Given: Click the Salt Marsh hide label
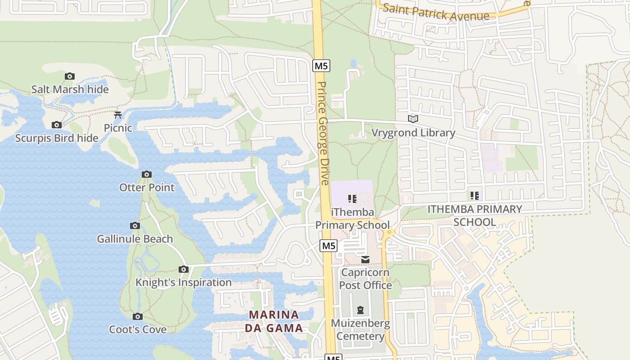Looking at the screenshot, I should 70,90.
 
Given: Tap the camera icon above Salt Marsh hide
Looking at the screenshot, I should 69,76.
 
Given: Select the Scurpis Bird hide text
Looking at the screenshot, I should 57,138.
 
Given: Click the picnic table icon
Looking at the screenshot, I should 118,115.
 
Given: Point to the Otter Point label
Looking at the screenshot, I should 147,187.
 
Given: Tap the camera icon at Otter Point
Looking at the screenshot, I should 147,174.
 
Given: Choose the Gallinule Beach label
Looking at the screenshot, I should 135,239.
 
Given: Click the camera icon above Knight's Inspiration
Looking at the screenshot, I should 184,269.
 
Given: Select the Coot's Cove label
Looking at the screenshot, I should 138,329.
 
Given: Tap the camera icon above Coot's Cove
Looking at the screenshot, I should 138,316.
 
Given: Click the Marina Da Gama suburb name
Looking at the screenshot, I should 274,321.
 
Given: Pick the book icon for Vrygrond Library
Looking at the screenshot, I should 413,119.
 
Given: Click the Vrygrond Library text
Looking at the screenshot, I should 413,133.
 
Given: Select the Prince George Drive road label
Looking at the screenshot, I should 322,133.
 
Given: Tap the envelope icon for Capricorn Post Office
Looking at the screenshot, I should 365,260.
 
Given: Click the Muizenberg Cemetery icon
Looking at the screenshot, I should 360,310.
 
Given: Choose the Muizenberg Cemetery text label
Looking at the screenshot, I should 360,330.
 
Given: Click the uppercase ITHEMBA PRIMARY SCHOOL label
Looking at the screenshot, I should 474,216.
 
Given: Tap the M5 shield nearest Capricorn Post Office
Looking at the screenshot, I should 328,246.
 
